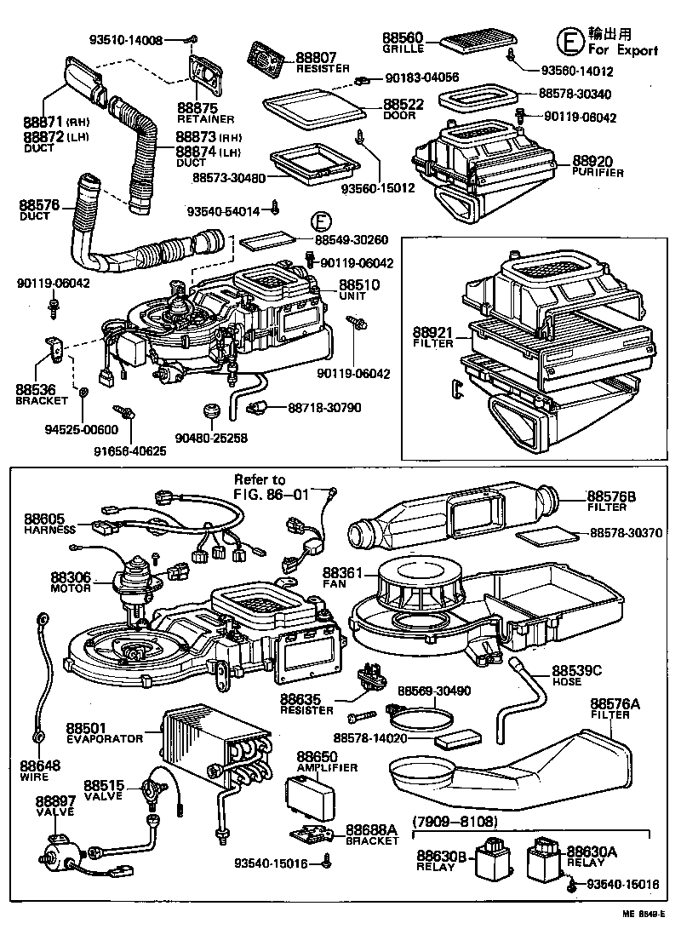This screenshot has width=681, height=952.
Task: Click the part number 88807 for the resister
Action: click(315, 58)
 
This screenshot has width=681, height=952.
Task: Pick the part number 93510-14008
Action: click(136, 40)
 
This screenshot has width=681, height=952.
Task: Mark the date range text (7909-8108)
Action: click(455, 823)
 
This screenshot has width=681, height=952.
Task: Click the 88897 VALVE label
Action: click(54, 806)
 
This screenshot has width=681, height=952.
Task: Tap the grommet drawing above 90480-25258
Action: click(210, 413)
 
